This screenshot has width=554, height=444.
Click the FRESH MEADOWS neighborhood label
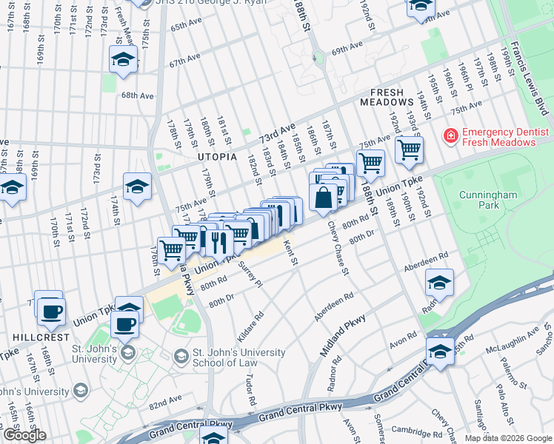pyautogui.click(x=387, y=98)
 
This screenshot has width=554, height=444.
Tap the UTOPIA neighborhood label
pyautogui.click(x=216, y=158)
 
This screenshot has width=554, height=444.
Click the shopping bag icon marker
pyautogui.click(x=324, y=198)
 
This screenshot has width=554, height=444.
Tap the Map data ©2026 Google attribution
pyautogui.click(x=507, y=438)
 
